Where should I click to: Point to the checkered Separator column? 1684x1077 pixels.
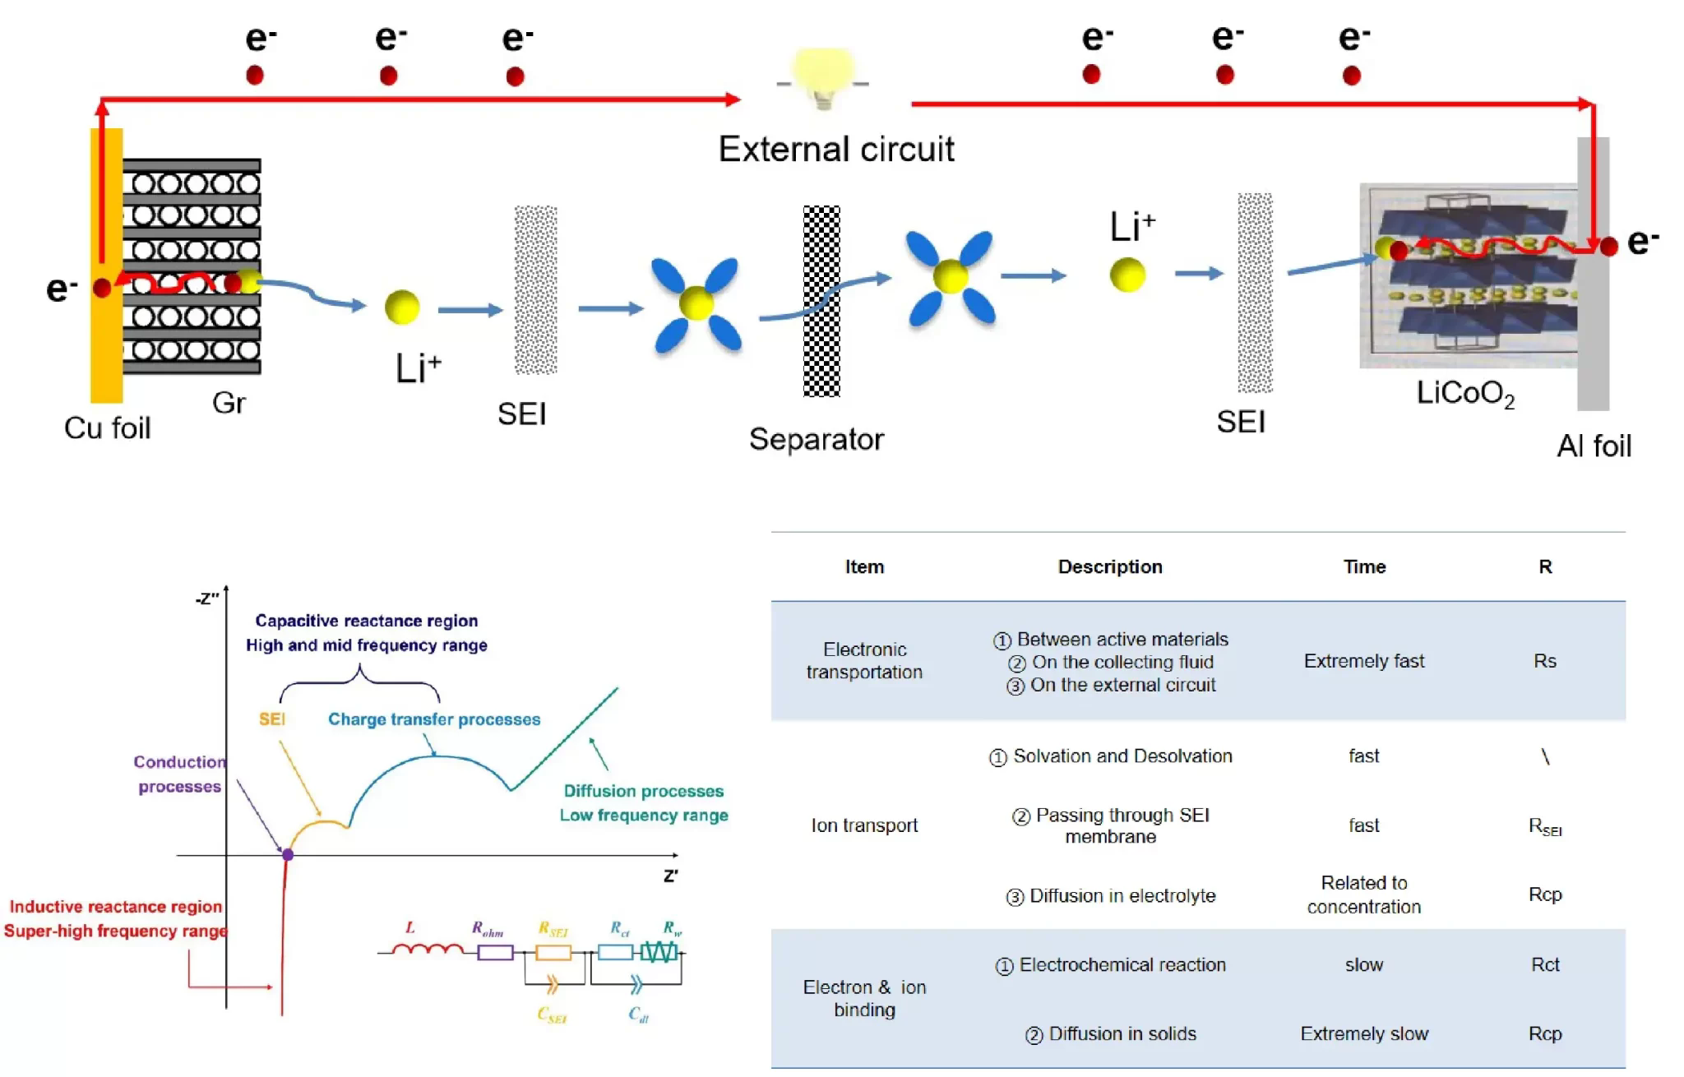pos(821,301)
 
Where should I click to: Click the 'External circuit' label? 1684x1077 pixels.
pos(836,150)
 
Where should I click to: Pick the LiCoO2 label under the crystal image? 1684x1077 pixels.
pos(1464,394)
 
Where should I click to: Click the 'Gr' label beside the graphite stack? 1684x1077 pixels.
pos(229,403)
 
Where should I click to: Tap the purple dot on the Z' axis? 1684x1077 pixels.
pos(288,855)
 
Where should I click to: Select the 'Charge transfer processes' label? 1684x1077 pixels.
pos(434,719)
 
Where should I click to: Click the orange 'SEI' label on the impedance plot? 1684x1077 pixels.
pos(272,719)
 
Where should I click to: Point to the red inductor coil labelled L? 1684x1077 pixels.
pos(427,951)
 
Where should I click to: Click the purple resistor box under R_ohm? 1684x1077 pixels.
pos(495,953)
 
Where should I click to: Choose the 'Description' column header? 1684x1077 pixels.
pos(1110,566)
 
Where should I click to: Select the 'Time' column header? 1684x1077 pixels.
pos(1364,566)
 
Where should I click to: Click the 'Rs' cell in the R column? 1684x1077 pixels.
pos(1544,661)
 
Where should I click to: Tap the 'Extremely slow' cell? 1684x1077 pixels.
pos(1364,1033)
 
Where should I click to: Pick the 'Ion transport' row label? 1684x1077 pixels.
pos(864,825)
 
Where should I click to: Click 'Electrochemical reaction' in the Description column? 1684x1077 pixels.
pos(1122,965)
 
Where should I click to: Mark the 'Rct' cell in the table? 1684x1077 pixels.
pos(1545,964)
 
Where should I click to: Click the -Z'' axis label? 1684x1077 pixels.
pos(207,599)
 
